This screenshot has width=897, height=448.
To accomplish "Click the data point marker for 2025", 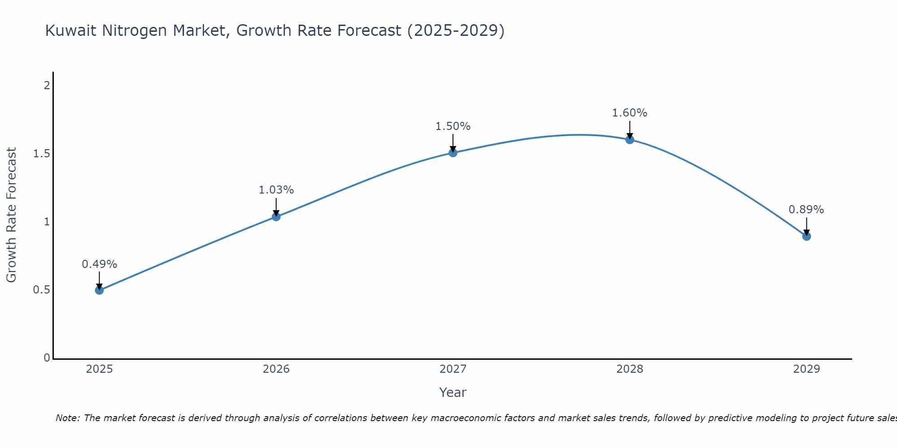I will tap(100, 290).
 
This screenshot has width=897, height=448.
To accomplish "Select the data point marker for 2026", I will tap(276, 217).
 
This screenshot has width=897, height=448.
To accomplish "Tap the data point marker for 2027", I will tap(453, 153).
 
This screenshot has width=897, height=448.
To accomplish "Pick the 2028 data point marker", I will tap(630, 139).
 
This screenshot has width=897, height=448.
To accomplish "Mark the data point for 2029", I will tap(806, 236).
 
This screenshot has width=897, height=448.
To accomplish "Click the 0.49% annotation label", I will tap(100, 264).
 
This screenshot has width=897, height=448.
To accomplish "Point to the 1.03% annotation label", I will tap(276, 190).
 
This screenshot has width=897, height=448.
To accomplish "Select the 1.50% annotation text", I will tap(453, 126).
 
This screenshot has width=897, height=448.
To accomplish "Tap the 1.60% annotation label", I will tap(630, 113).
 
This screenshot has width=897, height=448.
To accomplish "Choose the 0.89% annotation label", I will tap(806, 210).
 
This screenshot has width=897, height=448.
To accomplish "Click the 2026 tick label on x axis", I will tap(276, 369).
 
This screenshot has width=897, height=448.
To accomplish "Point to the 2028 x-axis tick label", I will tap(630, 369).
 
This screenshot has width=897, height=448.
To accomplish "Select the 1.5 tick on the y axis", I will tap(41, 154).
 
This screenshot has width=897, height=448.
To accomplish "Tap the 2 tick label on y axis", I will tap(47, 85).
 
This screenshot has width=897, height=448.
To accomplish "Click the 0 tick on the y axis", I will tap(47, 358).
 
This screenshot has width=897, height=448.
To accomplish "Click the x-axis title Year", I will tap(453, 392).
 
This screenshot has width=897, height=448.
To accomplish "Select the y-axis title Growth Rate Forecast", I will tap(11, 215).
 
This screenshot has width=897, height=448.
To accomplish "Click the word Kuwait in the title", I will tap(71, 30).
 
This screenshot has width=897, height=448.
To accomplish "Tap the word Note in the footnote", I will tap(67, 418).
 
